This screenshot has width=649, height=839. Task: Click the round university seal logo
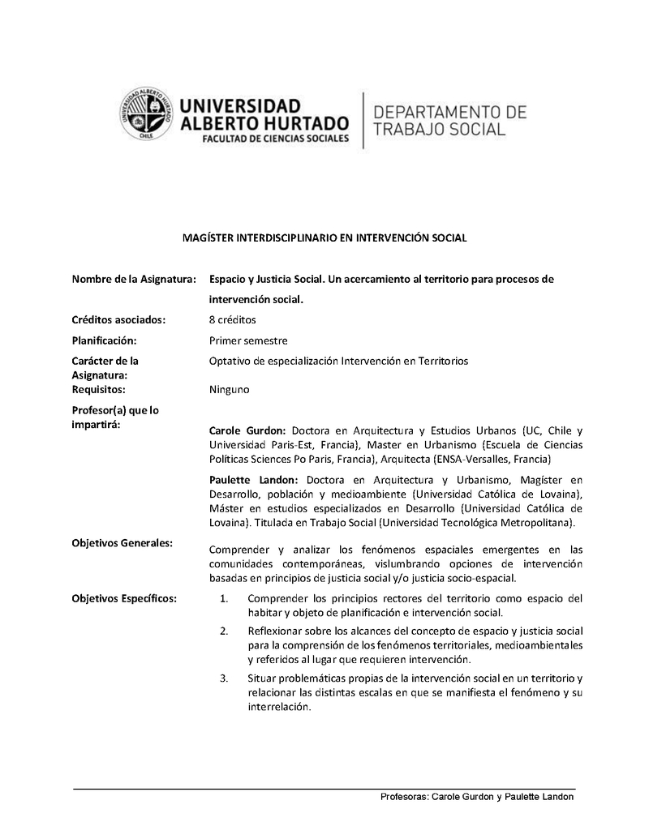[x=148, y=116]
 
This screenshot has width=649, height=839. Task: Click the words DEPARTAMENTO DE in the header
[x=449, y=111]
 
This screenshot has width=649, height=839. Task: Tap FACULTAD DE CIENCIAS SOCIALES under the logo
[x=265, y=139]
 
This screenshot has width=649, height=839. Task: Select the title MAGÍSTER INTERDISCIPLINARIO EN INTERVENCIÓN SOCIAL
[x=324, y=238]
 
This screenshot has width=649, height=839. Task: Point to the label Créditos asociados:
[x=118, y=319]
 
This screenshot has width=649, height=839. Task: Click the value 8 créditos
[x=233, y=319]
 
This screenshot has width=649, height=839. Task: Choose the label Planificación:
[x=104, y=340]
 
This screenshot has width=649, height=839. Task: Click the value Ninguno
[x=230, y=390]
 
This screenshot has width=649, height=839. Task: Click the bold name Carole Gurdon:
[x=247, y=430]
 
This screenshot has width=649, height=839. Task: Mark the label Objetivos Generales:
[x=122, y=542]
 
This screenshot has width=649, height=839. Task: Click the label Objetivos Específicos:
[x=124, y=598]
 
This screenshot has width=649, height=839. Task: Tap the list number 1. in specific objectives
[x=224, y=599]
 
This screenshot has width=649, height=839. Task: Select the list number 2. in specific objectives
[x=224, y=631]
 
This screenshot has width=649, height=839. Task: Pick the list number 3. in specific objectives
[x=224, y=677]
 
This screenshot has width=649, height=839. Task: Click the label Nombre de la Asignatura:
[x=134, y=279]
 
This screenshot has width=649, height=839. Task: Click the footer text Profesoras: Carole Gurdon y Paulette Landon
[x=477, y=797]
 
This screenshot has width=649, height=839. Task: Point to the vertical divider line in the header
[x=362, y=120]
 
